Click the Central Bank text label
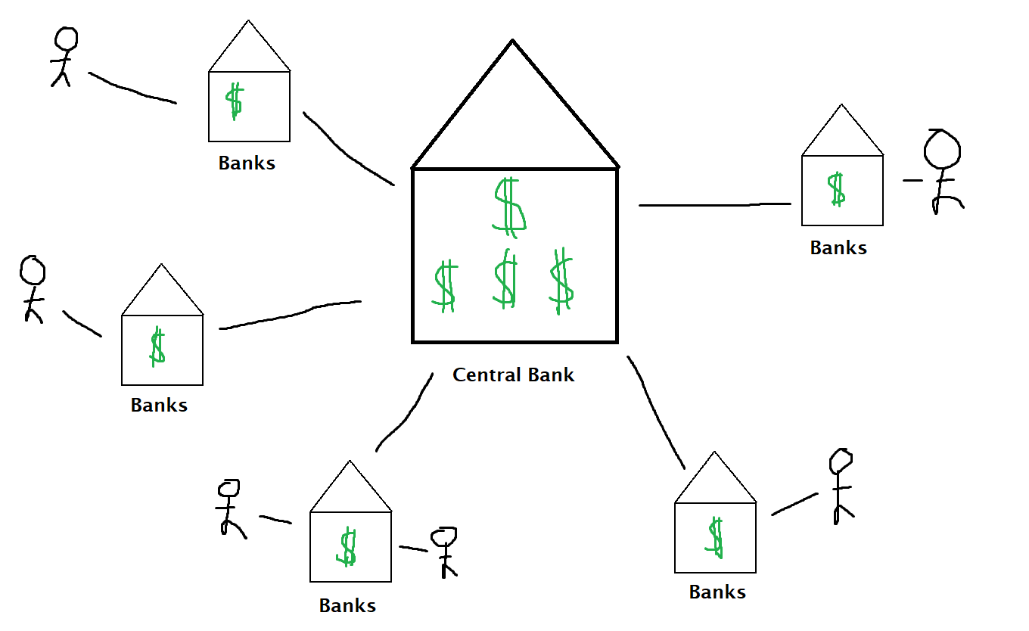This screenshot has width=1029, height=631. click(513, 375)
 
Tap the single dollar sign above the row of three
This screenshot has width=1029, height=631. click(509, 204)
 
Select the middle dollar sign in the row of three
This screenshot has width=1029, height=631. click(505, 280)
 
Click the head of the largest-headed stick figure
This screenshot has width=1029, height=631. click(942, 149)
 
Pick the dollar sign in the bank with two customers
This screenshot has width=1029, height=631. click(347, 548)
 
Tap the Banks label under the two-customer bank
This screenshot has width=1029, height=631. click(347, 606)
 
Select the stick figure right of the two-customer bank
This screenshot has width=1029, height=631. click(444, 552)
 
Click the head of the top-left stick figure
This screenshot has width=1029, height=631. click(67, 39)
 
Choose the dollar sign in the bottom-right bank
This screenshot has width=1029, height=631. click(715, 537)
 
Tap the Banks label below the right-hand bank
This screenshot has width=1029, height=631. click(838, 247)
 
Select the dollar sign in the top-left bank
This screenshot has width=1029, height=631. click(235, 101)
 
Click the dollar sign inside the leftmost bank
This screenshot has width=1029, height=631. click(157, 347)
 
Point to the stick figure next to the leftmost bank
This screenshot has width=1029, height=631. click(33, 288)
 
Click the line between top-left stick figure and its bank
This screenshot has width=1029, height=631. click(132, 90)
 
